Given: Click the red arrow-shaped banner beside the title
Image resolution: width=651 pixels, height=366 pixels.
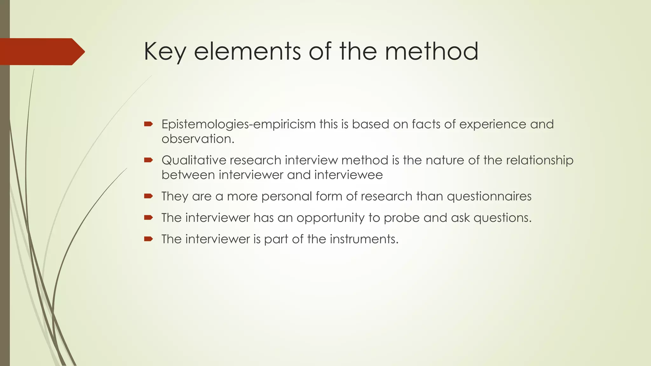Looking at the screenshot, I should point(41,51).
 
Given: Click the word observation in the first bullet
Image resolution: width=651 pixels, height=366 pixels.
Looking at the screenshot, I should point(198,139).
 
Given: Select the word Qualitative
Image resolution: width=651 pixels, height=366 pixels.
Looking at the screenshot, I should point(194,160).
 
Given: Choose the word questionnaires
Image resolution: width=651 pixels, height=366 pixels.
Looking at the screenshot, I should point(489,196).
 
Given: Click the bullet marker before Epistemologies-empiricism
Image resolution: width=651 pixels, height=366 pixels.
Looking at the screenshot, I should point(148,124).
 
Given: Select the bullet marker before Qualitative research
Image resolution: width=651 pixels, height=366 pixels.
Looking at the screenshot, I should point(148,160).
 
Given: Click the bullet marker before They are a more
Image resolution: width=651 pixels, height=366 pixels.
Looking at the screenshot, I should point(148,196).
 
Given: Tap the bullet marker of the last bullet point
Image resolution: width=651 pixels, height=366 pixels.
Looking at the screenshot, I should point(148,239).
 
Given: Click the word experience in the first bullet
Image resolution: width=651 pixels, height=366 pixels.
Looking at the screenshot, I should point(493,124).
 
